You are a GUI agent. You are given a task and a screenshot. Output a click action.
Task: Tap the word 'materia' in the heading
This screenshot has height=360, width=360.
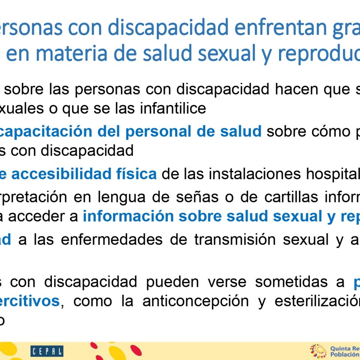click(x=71, y=53)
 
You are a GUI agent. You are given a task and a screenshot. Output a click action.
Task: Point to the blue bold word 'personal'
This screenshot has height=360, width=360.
click(x=158, y=131)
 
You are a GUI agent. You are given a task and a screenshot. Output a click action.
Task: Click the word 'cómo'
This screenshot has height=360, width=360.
click(x=308, y=131)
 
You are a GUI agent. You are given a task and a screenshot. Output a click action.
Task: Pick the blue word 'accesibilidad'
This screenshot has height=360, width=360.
click(x=61, y=174)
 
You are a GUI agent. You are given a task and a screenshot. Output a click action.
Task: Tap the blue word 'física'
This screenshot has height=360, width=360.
click(x=136, y=174)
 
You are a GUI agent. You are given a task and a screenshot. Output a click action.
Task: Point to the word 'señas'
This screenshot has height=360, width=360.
click(x=197, y=197)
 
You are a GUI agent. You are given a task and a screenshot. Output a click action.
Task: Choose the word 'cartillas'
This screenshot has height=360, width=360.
click(x=291, y=197)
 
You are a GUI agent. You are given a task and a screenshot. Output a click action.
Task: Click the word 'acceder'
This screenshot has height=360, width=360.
click(x=43, y=216)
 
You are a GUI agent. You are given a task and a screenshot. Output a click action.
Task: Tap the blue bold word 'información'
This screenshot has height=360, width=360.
click(x=128, y=216)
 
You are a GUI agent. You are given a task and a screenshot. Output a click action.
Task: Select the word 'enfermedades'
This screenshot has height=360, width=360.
click(x=112, y=240)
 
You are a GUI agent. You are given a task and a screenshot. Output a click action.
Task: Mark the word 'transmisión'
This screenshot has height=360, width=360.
click(x=235, y=240)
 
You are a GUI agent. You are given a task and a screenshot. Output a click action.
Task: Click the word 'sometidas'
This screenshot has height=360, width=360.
click(x=291, y=282)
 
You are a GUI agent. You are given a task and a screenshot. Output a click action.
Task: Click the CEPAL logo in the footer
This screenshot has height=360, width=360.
click(x=47, y=351)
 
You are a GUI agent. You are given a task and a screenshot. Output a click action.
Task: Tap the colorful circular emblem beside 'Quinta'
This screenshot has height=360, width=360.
click(x=318, y=351)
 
